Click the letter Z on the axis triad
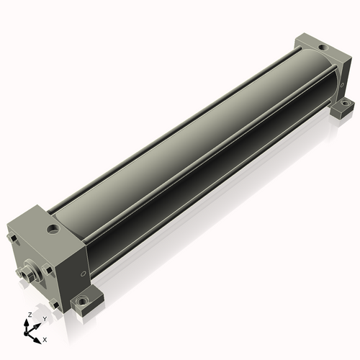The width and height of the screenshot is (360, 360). tap(30, 315)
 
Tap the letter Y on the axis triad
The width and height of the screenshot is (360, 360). tap(45, 319)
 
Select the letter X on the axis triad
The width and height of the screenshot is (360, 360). tap(45, 340)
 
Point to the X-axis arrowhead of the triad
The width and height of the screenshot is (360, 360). tap(37, 341)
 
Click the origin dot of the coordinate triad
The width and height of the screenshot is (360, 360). tap(25, 334)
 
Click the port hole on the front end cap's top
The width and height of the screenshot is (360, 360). tap(53, 229)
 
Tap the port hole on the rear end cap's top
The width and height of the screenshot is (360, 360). tap(323, 48)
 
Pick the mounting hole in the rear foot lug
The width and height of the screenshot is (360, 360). tap(344, 104)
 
